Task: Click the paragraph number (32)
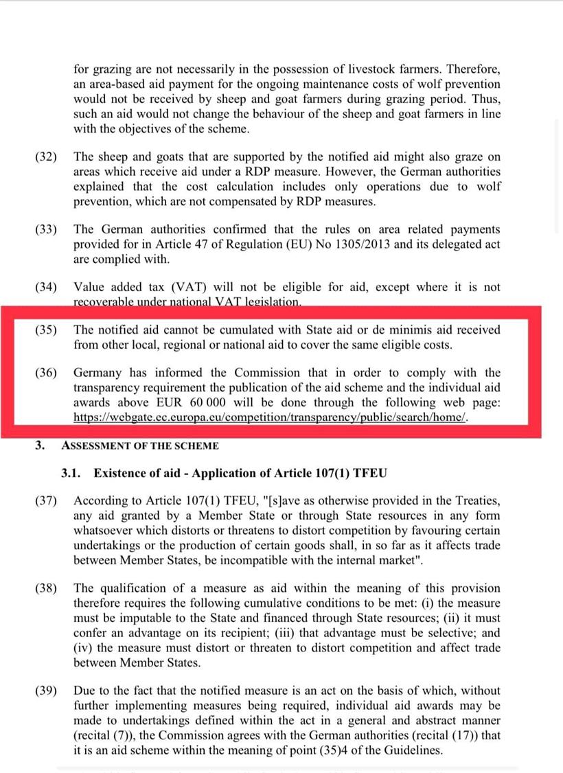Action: click(46, 157)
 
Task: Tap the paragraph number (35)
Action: click(46, 330)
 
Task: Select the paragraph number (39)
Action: click(46, 691)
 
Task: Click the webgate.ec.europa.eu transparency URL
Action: click(271, 417)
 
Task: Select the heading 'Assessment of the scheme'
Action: click(140, 446)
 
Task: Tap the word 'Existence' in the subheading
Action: click(121, 473)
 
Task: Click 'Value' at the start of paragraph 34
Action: click(90, 288)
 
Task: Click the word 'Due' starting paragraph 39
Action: click(85, 691)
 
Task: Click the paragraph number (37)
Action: click(46, 501)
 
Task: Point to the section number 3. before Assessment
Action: click(41, 446)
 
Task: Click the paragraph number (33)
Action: click(46, 229)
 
